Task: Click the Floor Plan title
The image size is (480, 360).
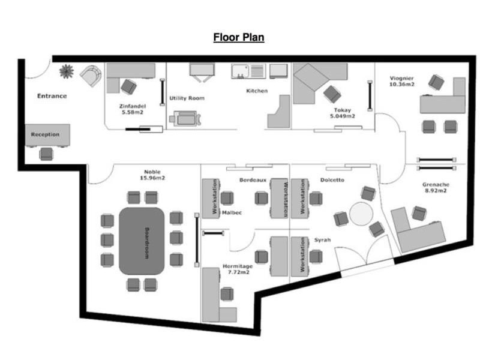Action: pyautogui.click(x=239, y=37)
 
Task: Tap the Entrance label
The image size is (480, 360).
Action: pyautogui.click(x=52, y=96)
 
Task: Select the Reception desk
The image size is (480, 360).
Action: pyautogui.click(x=47, y=135)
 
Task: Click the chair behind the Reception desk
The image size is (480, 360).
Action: pyautogui.click(x=46, y=154)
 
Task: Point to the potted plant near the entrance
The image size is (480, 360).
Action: pyautogui.click(x=67, y=71)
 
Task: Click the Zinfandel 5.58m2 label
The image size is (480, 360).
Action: pyautogui.click(x=133, y=109)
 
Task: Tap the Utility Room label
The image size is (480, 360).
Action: pyautogui.click(x=187, y=98)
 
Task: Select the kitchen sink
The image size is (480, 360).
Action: pyautogui.click(x=241, y=71)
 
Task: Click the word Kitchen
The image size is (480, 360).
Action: pyautogui.click(x=257, y=91)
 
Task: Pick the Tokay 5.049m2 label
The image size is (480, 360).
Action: pyautogui.click(x=342, y=113)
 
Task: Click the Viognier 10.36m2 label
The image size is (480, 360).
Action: pyautogui.click(x=401, y=81)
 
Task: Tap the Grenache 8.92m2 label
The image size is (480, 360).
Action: pyautogui.click(x=436, y=187)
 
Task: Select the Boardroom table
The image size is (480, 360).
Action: pyautogui.click(x=142, y=241)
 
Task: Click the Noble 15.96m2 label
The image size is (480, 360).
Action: pyautogui.click(x=152, y=175)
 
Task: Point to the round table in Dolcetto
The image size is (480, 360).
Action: pyautogui.click(x=361, y=214)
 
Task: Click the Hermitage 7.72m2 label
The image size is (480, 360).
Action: pyautogui.click(x=238, y=269)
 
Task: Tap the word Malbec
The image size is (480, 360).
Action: pyautogui.click(x=232, y=213)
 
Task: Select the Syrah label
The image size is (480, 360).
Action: pyautogui.click(x=322, y=240)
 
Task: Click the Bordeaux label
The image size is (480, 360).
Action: pyautogui.click(x=253, y=180)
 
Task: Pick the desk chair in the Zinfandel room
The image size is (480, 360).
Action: pyautogui.click(x=128, y=86)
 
